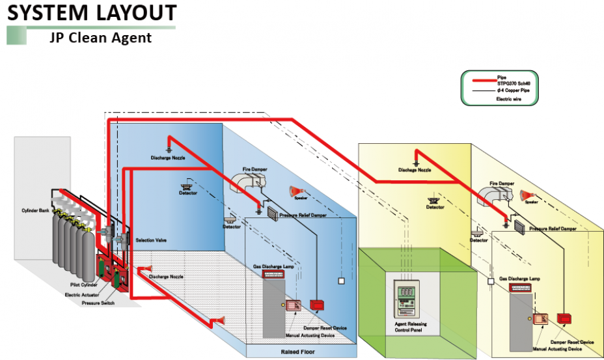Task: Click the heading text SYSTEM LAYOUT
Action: point(91,12)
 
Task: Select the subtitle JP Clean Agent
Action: point(100,37)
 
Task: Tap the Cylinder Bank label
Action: point(34,212)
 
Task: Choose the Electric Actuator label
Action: point(83,294)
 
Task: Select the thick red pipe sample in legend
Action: point(478,81)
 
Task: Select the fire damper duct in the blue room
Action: point(245,181)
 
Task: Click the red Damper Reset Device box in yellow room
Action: point(564,319)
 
